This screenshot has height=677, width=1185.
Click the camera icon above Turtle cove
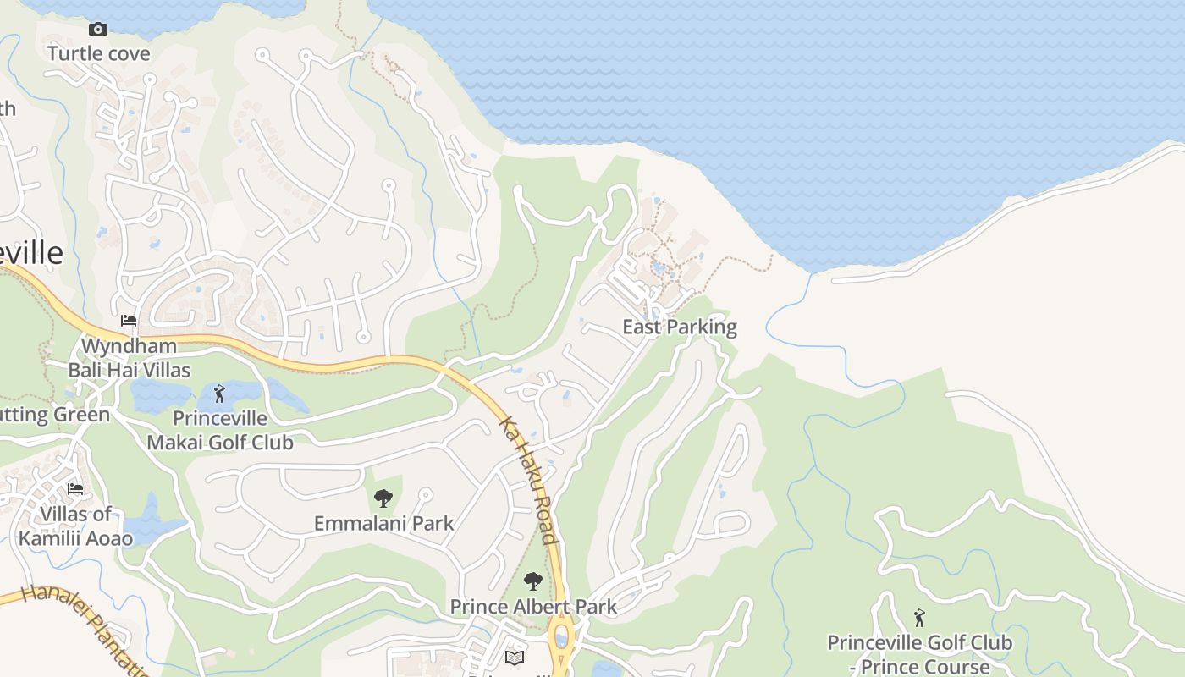[x=98, y=30]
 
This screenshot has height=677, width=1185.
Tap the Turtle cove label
[x=99, y=54]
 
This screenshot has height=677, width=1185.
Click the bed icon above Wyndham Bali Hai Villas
[x=129, y=321]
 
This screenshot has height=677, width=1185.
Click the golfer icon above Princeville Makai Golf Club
[x=220, y=394]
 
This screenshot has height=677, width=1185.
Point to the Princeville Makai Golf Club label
[x=220, y=430]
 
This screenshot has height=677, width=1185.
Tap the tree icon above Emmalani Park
[x=383, y=498]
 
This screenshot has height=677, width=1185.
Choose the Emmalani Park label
[x=384, y=524]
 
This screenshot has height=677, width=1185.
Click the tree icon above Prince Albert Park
[x=532, y=581]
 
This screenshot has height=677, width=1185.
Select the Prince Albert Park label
[x=533, y=607]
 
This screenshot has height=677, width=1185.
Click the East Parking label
[x=680, y=327]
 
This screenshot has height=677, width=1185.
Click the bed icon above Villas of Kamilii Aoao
[x=75, y=488]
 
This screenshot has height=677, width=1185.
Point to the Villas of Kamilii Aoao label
[x=75, y=526]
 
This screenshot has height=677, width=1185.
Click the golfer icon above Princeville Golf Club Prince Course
[x=919, y=618]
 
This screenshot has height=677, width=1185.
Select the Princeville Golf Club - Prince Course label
[x=919, y=654]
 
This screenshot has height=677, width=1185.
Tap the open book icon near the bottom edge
[x=515, y=658]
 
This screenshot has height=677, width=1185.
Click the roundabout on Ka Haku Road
[x=561, y=636]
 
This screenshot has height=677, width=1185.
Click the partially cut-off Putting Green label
[x=55, y=415]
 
